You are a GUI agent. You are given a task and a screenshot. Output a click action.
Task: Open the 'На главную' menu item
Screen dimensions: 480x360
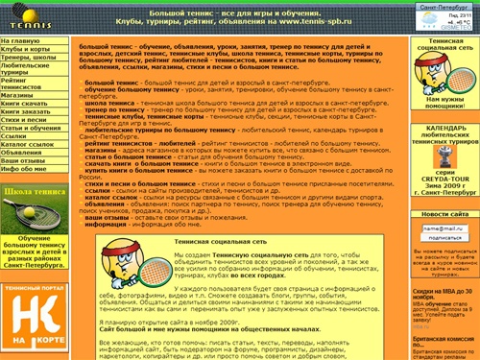(21, 42)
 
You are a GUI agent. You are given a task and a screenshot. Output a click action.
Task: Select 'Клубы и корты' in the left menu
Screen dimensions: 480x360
(26, 50)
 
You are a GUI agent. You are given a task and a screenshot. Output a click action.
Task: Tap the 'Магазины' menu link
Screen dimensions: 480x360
(19, 96)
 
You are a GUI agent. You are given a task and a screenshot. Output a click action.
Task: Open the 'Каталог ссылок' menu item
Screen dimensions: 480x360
(28, 142)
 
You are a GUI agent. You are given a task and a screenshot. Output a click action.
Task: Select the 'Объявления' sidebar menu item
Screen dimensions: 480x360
(22, 152)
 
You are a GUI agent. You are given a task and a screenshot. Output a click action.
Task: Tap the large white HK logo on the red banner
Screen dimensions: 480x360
(35, 309)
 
